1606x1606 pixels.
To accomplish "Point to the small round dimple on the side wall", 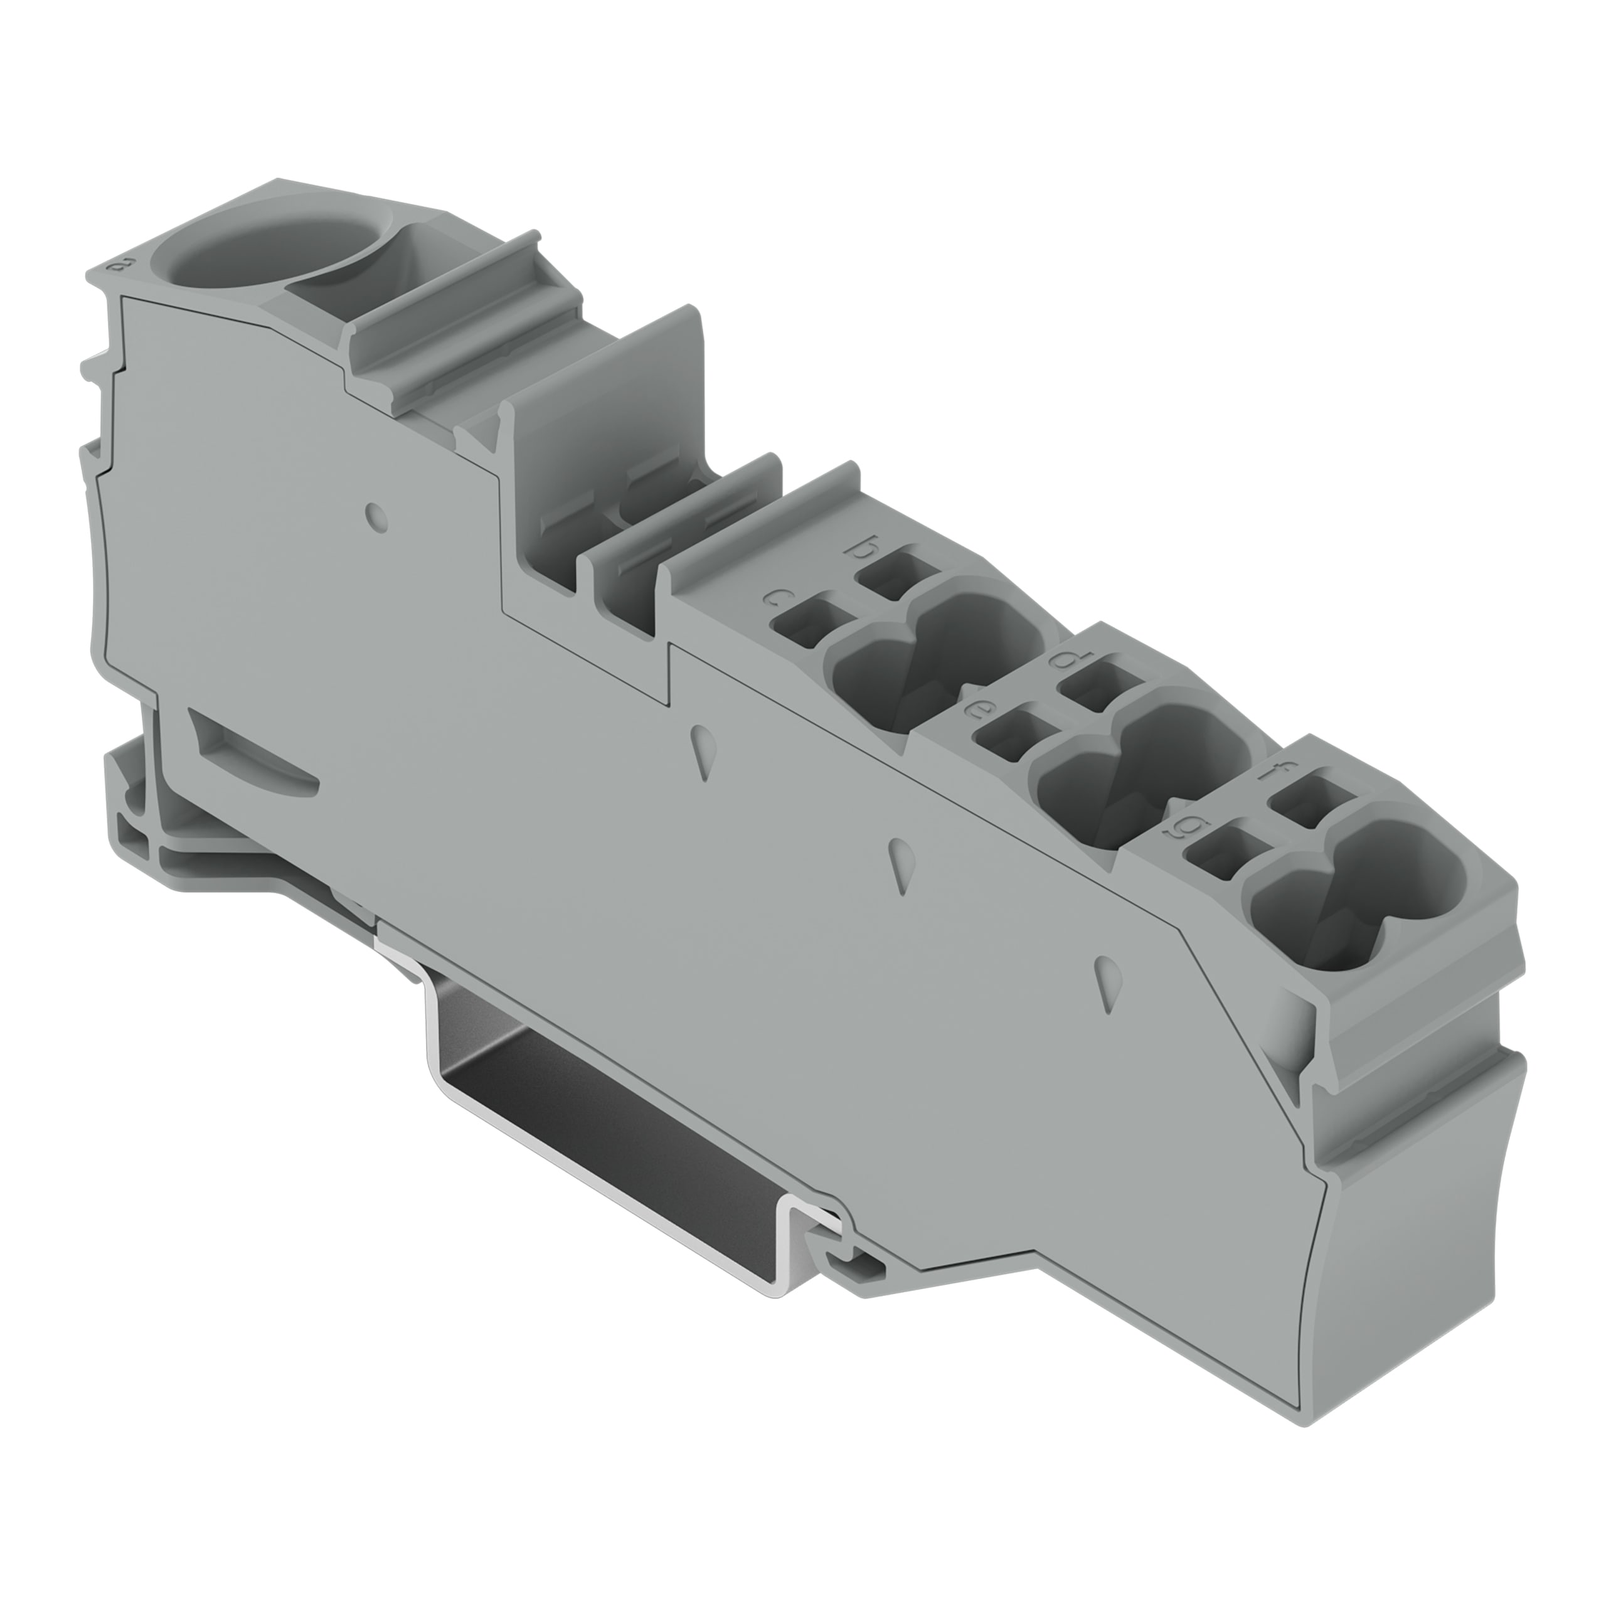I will (376, 517).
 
